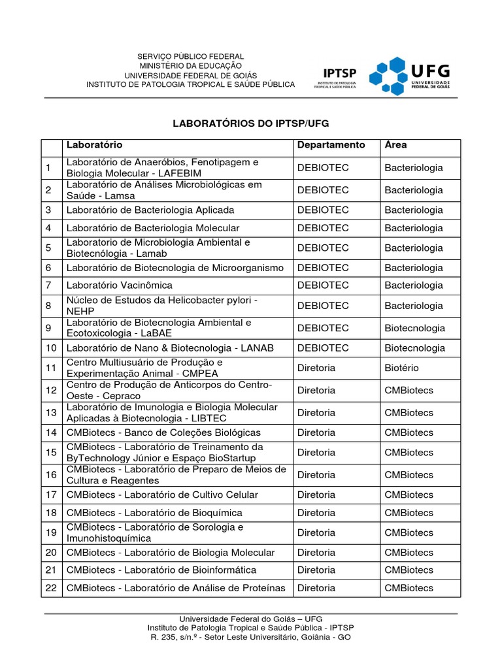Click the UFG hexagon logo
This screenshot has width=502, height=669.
click(x=387, y=76)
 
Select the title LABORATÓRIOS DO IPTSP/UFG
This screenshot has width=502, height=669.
click(x=251, y=123)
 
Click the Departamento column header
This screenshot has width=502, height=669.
click(x=331, y=145)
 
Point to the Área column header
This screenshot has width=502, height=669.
click(x=395, y=145)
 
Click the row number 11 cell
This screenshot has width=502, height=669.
click(x=51, y=368)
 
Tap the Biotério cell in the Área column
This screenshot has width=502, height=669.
click(x=401, y=368)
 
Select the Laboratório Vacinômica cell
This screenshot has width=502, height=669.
click(x=119, y=286)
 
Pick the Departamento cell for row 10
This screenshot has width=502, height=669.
click(x=323, y=348)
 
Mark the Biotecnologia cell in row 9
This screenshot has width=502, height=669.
click(x=414, y=328)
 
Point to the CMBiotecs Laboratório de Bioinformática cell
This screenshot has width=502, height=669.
click(x=161, y=570)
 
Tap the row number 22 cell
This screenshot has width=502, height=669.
click(x=51, y=588)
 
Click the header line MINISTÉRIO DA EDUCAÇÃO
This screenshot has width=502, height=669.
click(x=190, y=66)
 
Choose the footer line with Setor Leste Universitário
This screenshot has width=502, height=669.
click(x=251, y=637)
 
